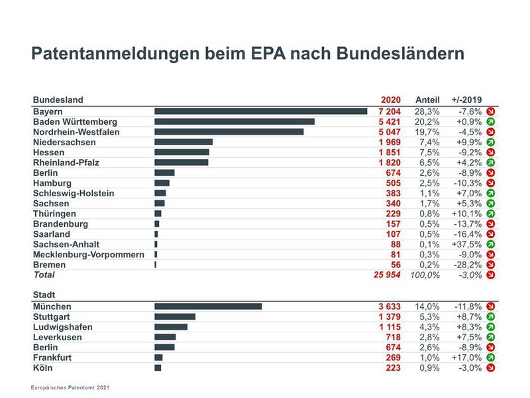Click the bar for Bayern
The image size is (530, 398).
260,111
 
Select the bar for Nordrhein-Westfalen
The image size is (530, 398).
229,132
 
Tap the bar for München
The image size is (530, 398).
208,306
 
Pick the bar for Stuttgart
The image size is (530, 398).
175,316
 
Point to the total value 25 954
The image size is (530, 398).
387,275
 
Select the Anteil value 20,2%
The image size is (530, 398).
427,122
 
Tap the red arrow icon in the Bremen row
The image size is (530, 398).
491,265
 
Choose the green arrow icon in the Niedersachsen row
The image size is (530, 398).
491,142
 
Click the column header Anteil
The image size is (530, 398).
427,99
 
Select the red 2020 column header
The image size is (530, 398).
391,99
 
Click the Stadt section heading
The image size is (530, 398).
44,294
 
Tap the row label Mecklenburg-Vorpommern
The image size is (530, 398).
88,254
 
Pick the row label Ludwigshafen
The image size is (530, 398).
62,327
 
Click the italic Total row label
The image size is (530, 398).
44,275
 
